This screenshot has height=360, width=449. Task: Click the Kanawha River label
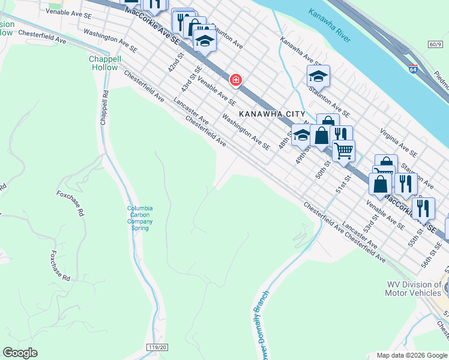[x=329, y=25]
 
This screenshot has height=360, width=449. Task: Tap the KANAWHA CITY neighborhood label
[x=272, y=114]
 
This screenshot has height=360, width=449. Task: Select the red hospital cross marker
[x=237, y=80]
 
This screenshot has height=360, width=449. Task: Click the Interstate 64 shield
[x=413, y=70]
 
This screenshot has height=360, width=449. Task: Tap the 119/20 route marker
[x=155, y=347]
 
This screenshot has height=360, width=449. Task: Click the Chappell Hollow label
[x=104, y=63]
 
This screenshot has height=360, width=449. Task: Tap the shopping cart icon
[x=343, y=151]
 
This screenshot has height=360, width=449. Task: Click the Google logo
[x=20, y=353]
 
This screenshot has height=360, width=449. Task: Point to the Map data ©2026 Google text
[x=412, y=355]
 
